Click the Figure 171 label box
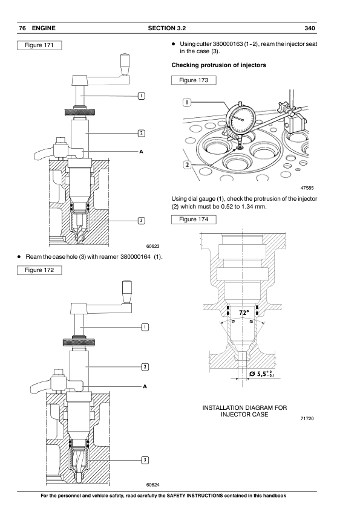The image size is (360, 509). pyautogui.click(x=39, y=45)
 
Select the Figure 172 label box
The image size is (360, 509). pyautogui.click(x=39, y=270)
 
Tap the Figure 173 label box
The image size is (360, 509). pyautogui.click(x=194, y=80)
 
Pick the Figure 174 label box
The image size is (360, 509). pyautogui.click(x=194, y=219)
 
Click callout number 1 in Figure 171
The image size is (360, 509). pyautogui.click(x=142, y=96)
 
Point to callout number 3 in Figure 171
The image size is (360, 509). pyautogui.click(x=142, y=221)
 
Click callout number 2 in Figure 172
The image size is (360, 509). pyautogui.click(x=145, y=367)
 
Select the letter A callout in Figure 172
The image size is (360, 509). pyautogui.click(x=145, y=386)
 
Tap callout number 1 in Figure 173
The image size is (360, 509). pyautogui.click(x=187, y=103)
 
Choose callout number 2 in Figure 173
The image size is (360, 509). pyautogui.click(x=187, y=165)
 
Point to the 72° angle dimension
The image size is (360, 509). pyautogui.click(x=244, y=313)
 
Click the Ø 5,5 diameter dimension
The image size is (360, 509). pyautogui.click(x=262, y=374)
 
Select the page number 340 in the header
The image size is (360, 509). pyautogui.click(x=310, y=28)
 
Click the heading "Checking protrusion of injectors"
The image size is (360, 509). pyautogui.click(x=218, y=65)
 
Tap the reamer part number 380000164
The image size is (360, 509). pyautogui.click(x=136, y=257)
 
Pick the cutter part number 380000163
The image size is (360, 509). pyautogui.click(x=227, y=44)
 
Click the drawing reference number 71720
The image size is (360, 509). pyautogui.click(x=307, y=418)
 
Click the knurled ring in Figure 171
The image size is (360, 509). pyautogui.click(x=80, y=112)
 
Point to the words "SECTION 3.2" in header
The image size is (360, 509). pyautogui.click(x=167, y=28)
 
